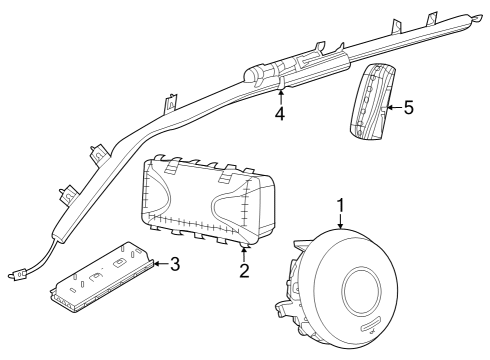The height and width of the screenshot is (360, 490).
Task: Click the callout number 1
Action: point(340,206)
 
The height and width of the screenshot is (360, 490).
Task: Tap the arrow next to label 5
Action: point(392,106)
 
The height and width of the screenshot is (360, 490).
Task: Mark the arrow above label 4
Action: point(281,96)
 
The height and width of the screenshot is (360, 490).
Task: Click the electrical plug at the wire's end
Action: point(17,271)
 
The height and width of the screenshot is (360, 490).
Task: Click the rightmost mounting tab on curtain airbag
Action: point(432,17)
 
